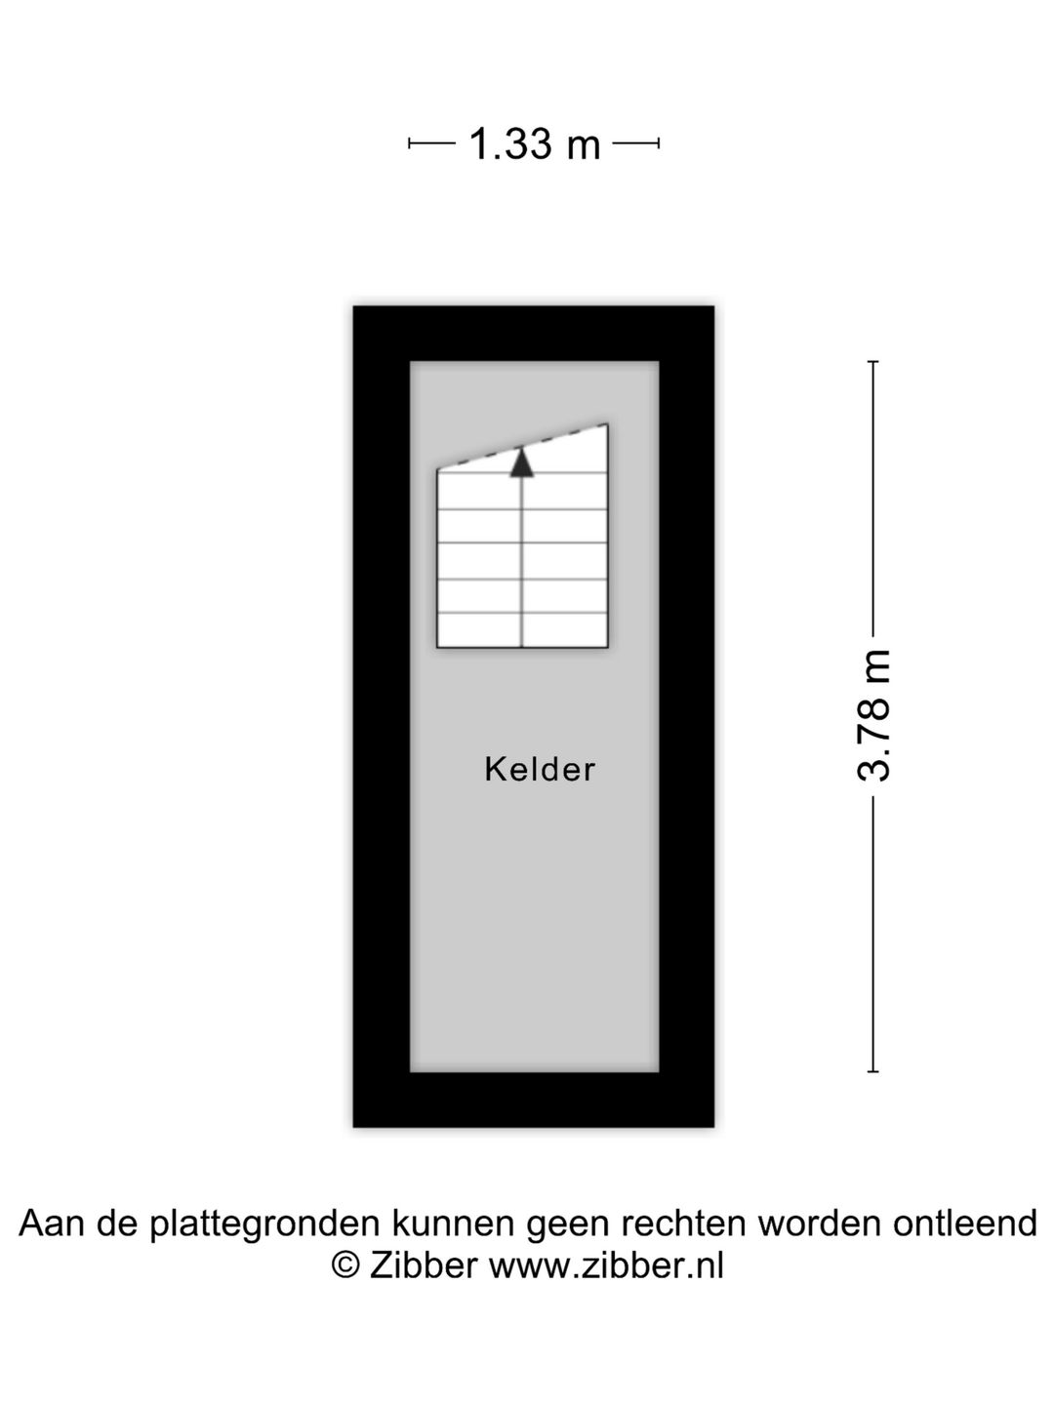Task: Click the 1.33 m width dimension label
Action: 535,144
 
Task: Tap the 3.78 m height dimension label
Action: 873,715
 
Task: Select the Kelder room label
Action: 540,770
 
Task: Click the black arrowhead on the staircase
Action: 521,462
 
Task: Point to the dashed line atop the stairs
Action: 522,447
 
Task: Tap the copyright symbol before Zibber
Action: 345,1264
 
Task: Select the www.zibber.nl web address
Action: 607,1264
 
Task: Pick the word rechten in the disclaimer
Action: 683,1223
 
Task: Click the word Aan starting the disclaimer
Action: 54,1223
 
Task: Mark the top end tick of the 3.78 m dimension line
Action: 872,362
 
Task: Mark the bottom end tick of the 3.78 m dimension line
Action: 872,1071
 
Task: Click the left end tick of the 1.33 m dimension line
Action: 409,143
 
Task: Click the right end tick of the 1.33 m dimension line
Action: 659,143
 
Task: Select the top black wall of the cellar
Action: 534,334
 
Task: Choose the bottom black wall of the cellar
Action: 534,1099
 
